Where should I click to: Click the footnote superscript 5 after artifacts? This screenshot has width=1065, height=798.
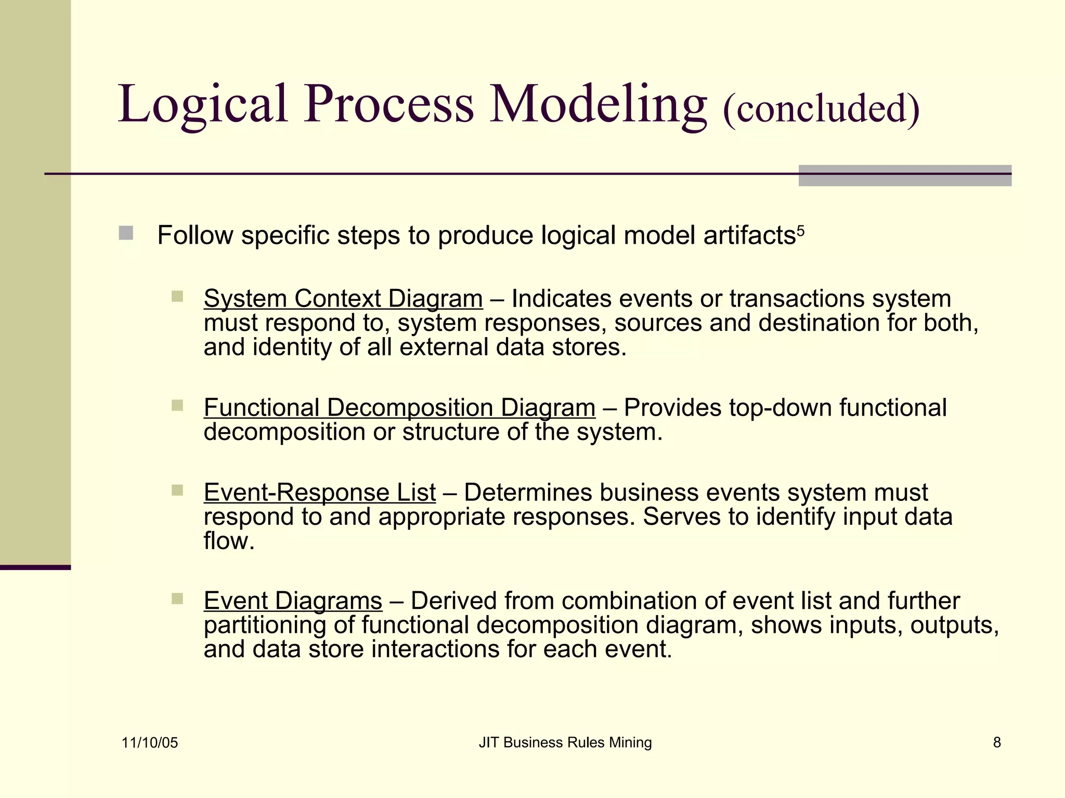click(801, 230)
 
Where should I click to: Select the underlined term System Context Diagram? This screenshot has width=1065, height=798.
click(343, 299)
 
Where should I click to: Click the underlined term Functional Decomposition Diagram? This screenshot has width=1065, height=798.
click(399, 408)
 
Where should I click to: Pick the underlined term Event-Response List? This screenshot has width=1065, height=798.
click(320, 493)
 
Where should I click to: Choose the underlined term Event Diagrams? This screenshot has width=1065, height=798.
click(293, 601)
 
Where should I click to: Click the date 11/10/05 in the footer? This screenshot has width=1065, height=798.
click(150, 743)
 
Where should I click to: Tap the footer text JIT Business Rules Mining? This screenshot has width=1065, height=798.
click(565, 743)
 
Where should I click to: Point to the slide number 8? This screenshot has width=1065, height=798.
click(997, 743)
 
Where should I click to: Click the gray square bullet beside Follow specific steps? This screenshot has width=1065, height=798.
click(126, 233)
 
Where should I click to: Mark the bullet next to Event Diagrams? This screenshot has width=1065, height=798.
click(177, 599)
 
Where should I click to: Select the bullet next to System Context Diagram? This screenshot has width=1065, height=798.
click(177, 297)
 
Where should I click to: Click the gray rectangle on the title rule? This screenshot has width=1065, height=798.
click(905, 176)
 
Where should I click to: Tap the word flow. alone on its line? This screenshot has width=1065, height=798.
click(229, 541)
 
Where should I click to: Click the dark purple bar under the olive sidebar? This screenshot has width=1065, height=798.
click(35, 567)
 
